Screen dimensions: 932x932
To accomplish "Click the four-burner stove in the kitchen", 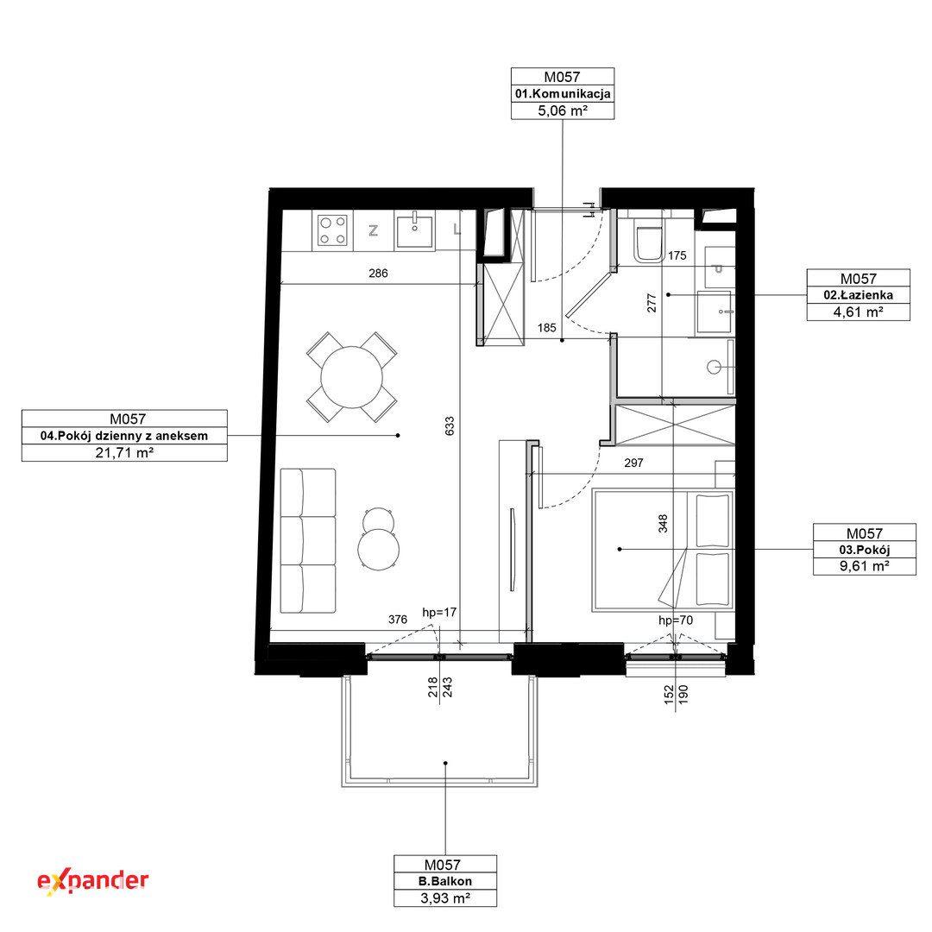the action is click(x=333, y=230).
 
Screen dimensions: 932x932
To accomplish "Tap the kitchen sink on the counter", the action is click(x=415, y=230).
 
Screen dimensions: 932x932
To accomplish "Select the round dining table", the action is click(x=352, y=377).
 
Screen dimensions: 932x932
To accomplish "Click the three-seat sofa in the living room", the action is click(x=308, y=540).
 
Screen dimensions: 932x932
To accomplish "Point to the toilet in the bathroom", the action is click(x=648, y=242).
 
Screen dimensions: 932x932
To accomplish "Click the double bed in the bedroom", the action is click(x=664, y=550).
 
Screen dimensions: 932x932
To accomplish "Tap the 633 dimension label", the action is click(x=450, y=425).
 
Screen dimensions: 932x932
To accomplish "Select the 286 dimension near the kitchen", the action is click(x=378, y=273).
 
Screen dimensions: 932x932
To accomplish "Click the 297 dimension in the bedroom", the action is click(x=633, y=463).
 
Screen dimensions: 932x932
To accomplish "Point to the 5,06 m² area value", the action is click(x=563, y=110).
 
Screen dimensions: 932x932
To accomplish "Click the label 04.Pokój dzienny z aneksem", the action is click(x=124, y=436).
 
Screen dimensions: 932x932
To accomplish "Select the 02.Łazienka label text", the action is click(x=859, y=295).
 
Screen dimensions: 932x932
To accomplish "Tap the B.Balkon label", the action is click(x=445, y=881).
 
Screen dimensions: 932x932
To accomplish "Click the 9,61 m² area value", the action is click(x=864, y=566).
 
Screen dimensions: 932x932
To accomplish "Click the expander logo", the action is click(x=92, y=881).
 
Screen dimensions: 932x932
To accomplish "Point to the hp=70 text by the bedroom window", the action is click(x=676, y=620).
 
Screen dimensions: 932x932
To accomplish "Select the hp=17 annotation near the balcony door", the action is click(x=439, y=612).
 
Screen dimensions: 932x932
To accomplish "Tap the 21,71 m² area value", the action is click(x=125, y=453).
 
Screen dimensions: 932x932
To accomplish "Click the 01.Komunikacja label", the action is click(x=563, y=94).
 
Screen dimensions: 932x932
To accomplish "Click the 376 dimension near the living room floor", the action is click(x=398, y=620).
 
